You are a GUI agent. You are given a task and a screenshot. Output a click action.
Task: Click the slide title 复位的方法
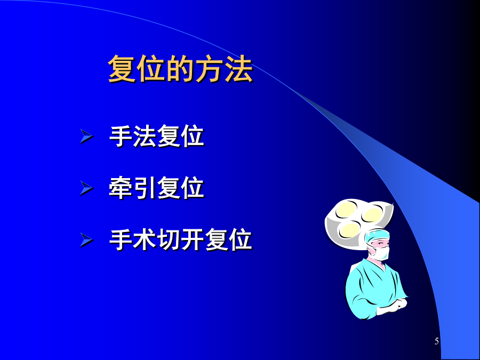(x=180, y=69)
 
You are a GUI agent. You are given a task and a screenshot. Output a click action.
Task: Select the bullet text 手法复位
(x=156, y=136)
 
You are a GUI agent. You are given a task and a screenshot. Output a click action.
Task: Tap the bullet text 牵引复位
(x=156, y=188)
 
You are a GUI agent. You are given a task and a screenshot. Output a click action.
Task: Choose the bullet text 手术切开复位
(x=181, y=239)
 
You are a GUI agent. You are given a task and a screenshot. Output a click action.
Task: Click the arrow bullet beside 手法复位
(x=86, y=136)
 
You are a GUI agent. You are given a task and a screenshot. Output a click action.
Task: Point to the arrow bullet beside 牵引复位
(x=86, y=188)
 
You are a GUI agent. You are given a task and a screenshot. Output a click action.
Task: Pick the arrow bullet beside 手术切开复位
(x=86, y=239)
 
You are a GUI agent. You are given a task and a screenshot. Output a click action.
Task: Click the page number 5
(x=436, y=341)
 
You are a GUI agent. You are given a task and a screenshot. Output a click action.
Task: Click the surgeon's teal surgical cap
(x=378, y=236)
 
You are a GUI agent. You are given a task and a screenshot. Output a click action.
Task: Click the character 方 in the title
(x=210, y=69)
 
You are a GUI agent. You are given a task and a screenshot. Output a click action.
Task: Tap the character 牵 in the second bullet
(x=121, y=188)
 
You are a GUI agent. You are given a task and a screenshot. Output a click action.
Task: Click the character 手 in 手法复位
(x=121, y=136)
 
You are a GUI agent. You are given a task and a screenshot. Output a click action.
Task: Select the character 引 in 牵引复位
(x=145, y=188)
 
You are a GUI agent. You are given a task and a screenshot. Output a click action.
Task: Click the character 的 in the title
(x=180, y=69)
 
